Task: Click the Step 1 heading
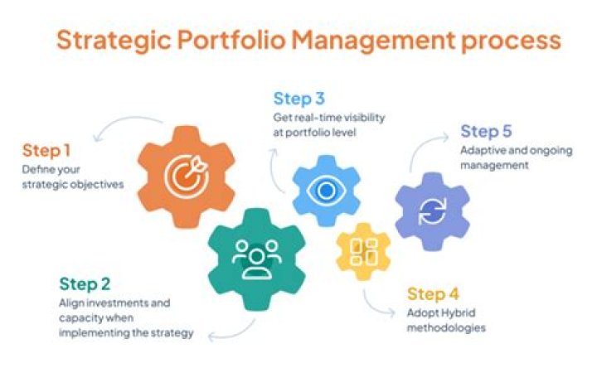pyautogui.click(x=47, y=151)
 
